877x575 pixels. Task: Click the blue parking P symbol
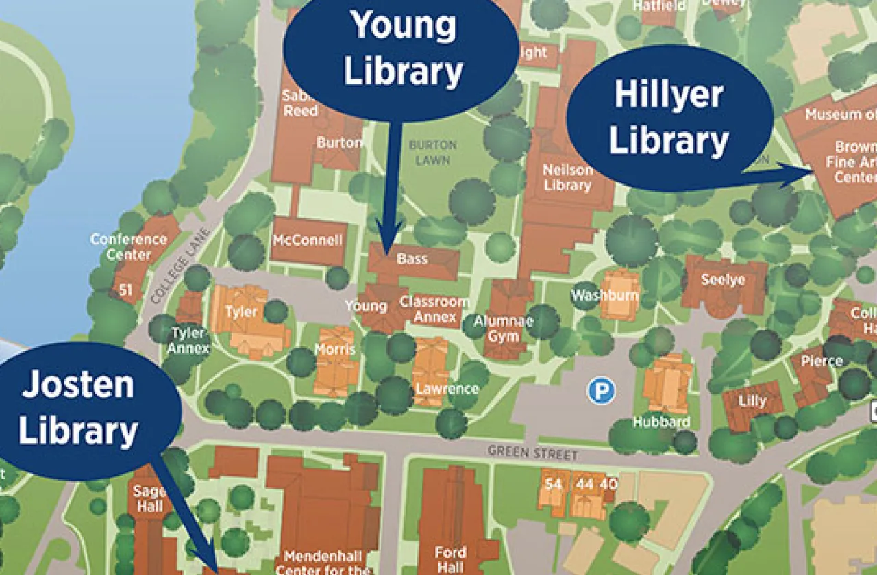[x=601, y=391]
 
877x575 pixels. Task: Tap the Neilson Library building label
[x=567, y=177]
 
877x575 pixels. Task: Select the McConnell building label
[x=308, y=240]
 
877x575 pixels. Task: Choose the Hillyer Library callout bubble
[x=669, y=117]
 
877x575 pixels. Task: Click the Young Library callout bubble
[x=404, y=57]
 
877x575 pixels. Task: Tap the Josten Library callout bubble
[x=78, y=409]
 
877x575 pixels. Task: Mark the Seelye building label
[x=723, y=279]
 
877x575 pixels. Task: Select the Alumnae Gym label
[x=504, y=329]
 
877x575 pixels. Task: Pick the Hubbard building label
[x=661, y=422]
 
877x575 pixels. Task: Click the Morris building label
[x=335, y=349]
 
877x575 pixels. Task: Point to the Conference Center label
[x=129, y=246]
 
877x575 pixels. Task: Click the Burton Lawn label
[x=432, y=153]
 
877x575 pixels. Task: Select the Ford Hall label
[x=451, y=559]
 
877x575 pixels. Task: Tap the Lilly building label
[x=752, y=400]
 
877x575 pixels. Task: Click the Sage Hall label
[x=149, y=498]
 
